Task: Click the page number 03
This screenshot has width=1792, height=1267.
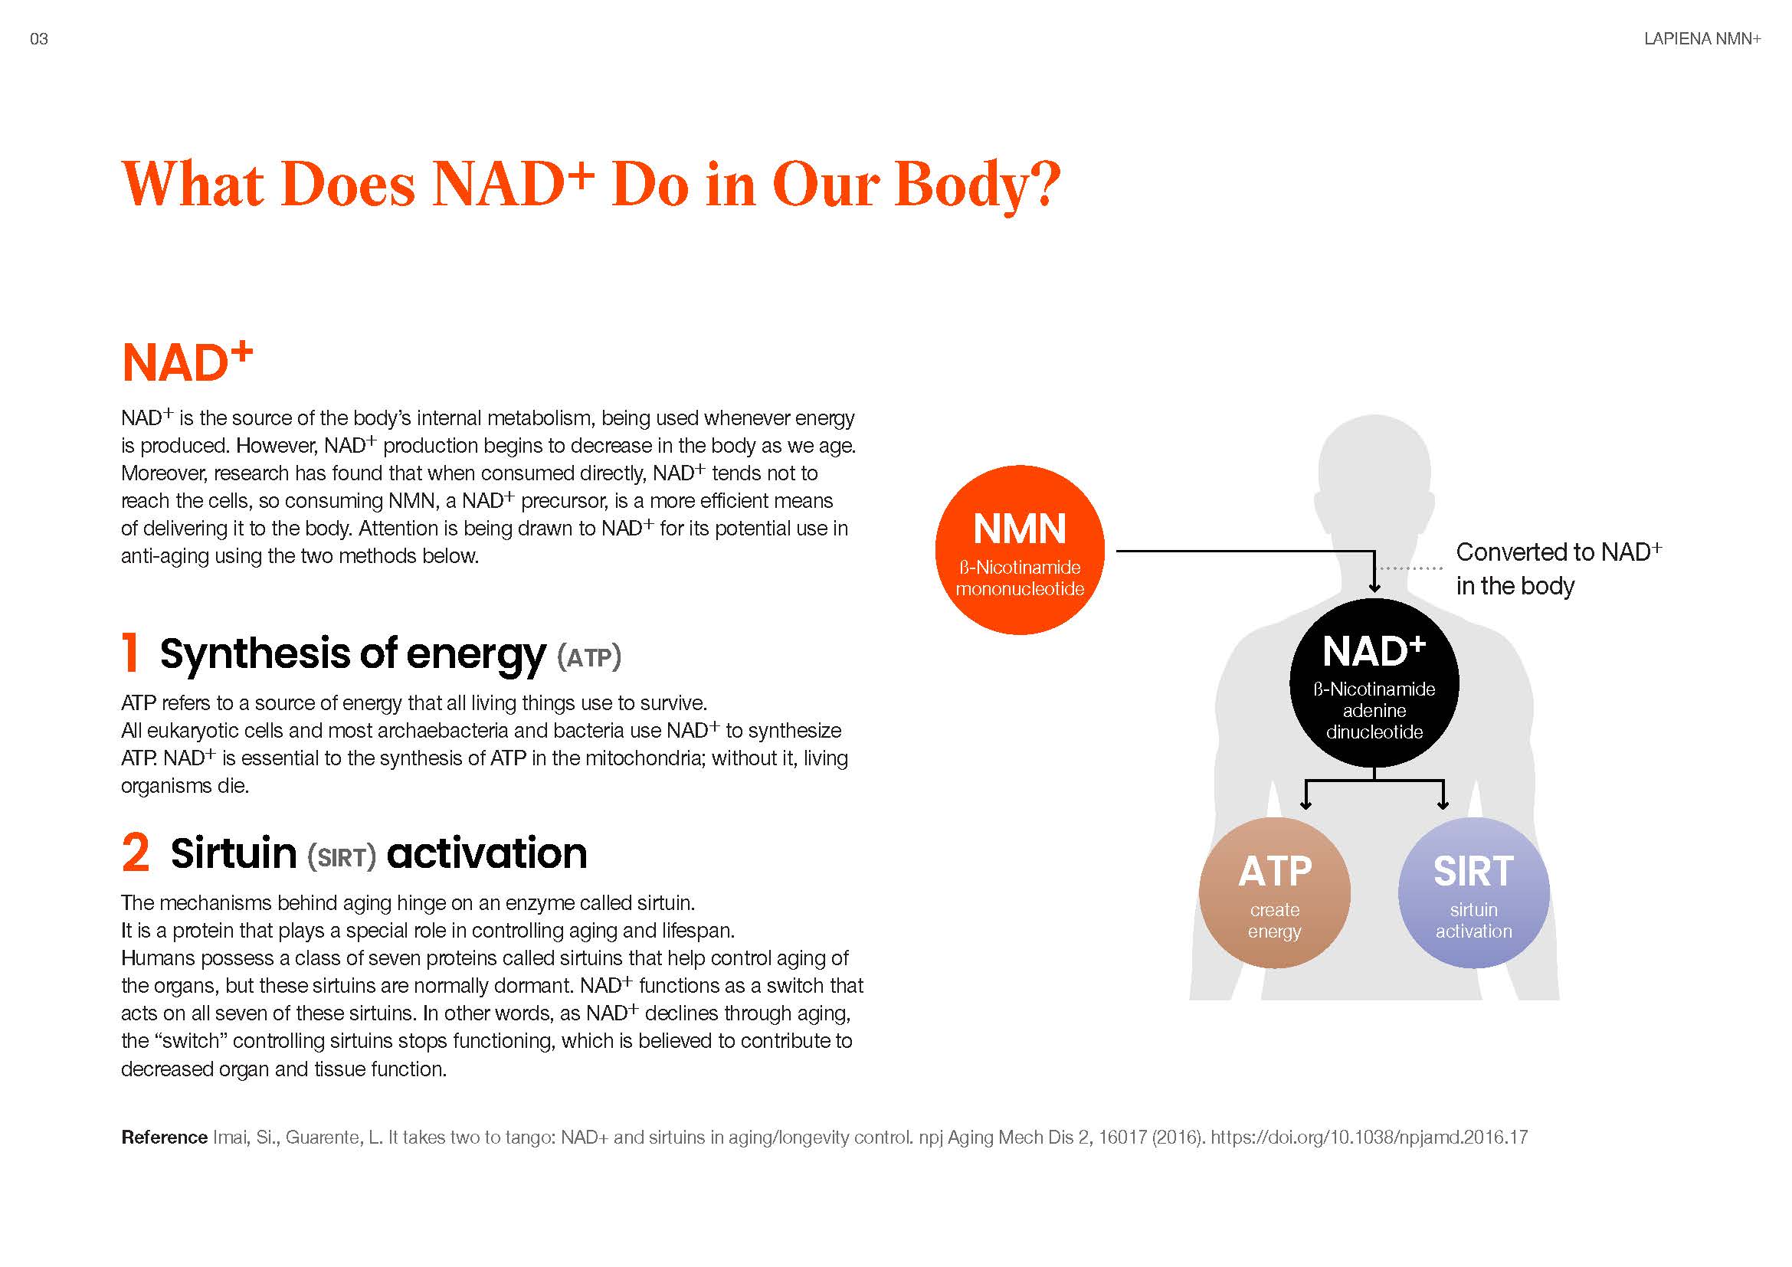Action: point(38,39)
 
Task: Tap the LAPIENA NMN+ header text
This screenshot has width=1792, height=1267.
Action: point(1702,39)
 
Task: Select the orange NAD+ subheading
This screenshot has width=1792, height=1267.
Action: point(187,362)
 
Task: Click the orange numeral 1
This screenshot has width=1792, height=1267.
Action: point(131,652)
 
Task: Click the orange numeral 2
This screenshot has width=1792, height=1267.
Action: point(136,852)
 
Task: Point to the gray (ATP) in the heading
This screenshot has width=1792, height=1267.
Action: point(589,656)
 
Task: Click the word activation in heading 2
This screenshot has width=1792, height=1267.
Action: point(487,853)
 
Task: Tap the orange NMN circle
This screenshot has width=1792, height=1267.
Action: point(1019,550)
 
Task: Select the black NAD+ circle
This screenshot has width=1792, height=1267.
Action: point(1374,683)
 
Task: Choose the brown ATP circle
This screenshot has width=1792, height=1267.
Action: point(1275,892)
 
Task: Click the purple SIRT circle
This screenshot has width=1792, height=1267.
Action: point(1473,892)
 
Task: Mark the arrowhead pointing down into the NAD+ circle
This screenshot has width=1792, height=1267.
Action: point(1375,588)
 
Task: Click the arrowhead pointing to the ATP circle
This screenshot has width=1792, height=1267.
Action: point(1306,804)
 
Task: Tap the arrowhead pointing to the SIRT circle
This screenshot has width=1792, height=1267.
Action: point(1443,804)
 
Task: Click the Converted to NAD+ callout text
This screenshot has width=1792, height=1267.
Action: point(1558,568)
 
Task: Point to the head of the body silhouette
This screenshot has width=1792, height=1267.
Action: point(1374,468)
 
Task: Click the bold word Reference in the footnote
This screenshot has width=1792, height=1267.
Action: point(164,1138)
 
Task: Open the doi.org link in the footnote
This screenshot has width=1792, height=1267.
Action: point(1369,1138)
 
